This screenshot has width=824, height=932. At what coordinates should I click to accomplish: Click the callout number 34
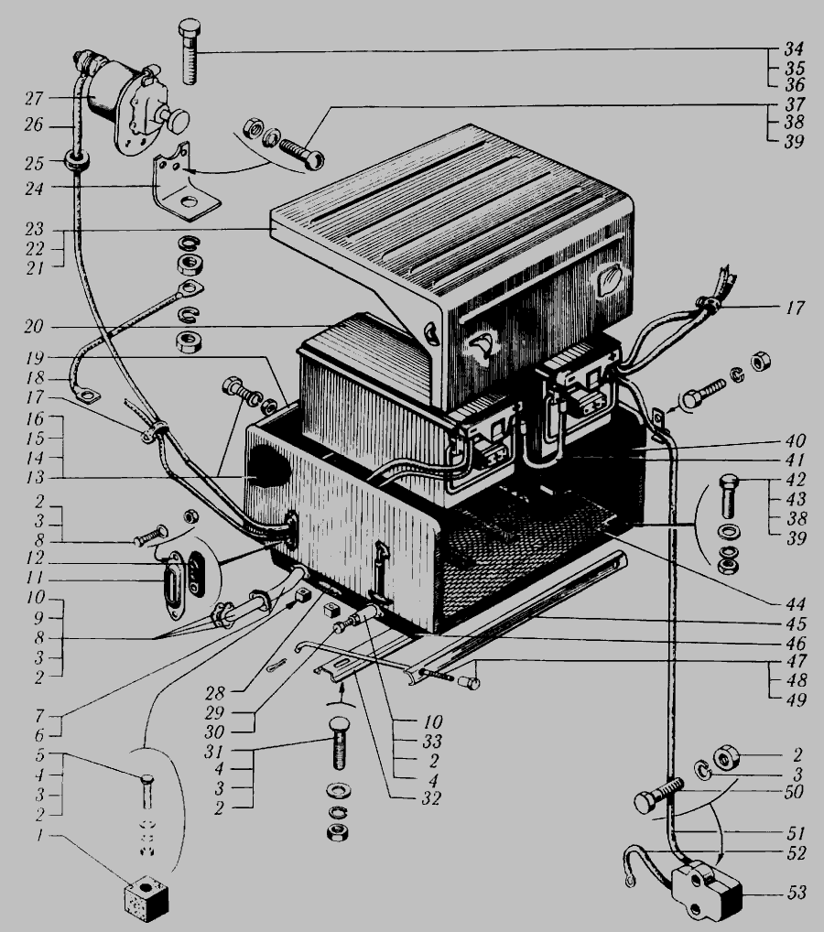pyautogui.click(x=794, y=49)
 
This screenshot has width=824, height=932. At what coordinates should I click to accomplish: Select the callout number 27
pyautogui.click(x=35, y=98)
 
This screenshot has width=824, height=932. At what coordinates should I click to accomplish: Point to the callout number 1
pyautogui.click(x=39, y=835)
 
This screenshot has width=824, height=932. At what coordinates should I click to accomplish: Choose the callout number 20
pyautogui.click(x=34, y=326)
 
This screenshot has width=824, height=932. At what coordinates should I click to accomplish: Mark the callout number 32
pyautogui.click(x=430, y=797)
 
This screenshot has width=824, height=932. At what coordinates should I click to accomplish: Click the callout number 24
pyautogui.click(x=34, y=189)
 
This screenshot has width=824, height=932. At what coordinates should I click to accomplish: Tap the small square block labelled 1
pyautogui.click(x=146, y=897)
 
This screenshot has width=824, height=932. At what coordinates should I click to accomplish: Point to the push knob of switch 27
pyautogui.click(x=177, y=120)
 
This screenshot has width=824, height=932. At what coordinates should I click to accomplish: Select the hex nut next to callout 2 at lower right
pyautogui.click(x=726, y=757)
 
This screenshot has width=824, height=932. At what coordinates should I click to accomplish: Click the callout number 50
pyautogui.click(x=795, y=792)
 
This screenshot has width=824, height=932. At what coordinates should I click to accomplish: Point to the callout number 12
pyautogui.click(x=35, y=558)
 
